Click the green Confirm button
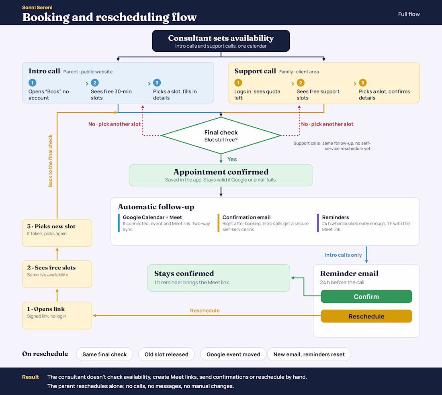[x=366, y=296]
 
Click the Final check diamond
[x=221, y=136]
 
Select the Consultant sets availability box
[x=221, y=41]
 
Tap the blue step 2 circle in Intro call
[x=95, y=83]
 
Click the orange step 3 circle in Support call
[x=363, y=83]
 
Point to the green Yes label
[x=232, y=159]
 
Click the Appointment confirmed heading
[x=221, y=172]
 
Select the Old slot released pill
[x=166, y=354]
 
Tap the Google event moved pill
[x=233, y=354]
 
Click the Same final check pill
[x=104, y=354]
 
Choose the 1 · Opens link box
[x=57, y=315]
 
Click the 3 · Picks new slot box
[x=57, y=233]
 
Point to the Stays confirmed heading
[x=184, y=273]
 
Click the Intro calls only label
[x=343, y=255]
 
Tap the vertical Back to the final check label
[x=51, y=161]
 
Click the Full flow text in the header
[x=409, y=14]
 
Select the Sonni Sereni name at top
[x=37, y=8]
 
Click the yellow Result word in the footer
[x=31, y=377]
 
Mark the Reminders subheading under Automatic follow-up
[x=336, y=217]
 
